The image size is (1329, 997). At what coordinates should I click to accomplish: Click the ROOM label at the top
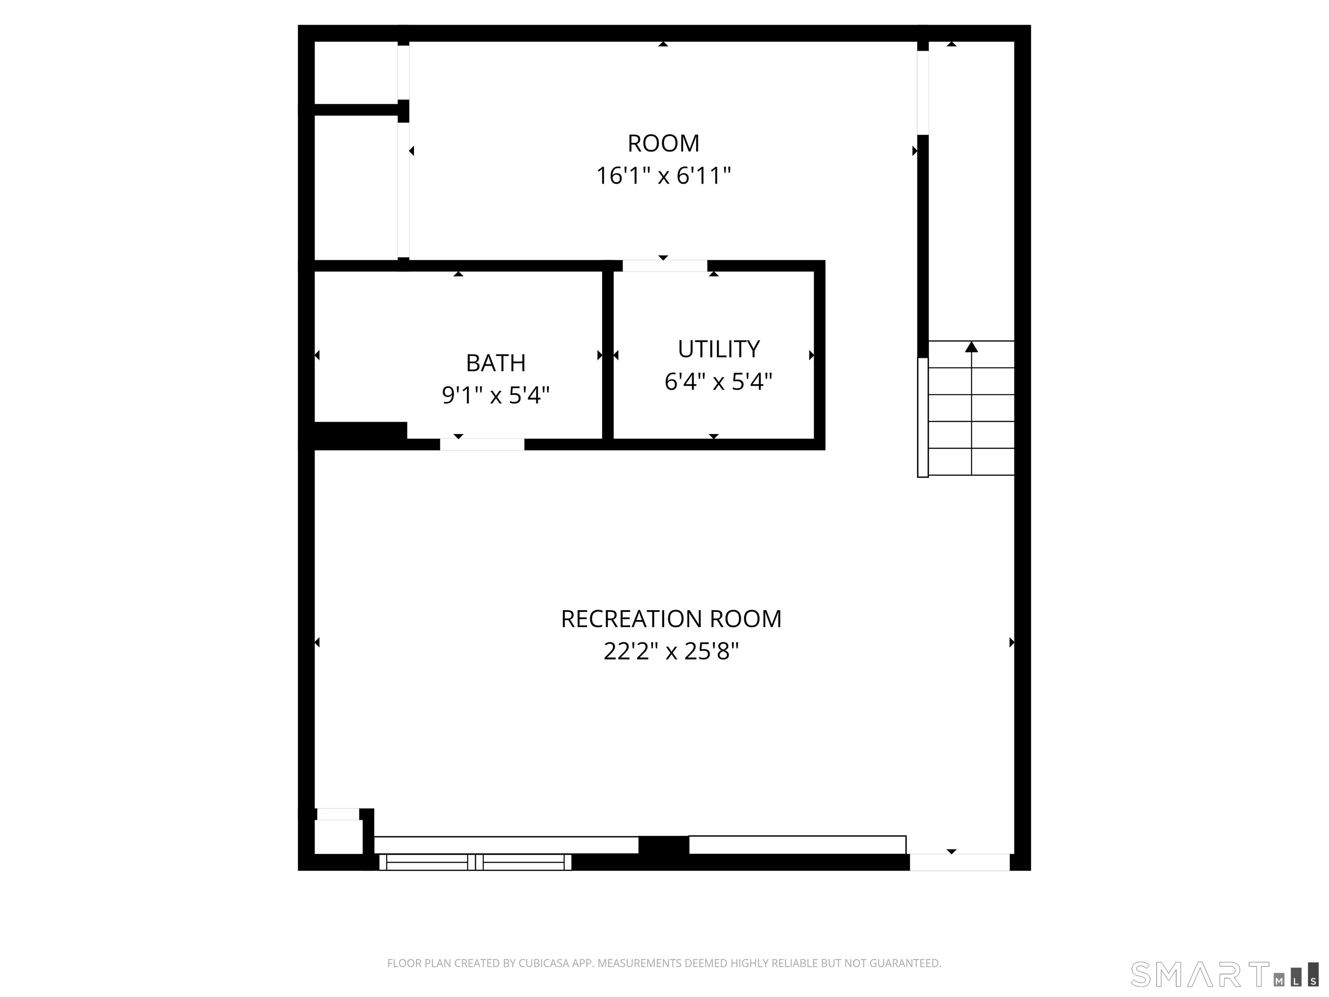[x=663, y=144]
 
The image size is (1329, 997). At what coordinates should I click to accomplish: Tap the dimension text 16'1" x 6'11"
[x=663, y=176]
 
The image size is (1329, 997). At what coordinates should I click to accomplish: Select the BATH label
[x=496, y=363]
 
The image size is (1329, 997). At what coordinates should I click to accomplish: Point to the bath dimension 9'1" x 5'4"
[x=496, y=396]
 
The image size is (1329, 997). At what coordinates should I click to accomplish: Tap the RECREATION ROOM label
[x=671, y=619]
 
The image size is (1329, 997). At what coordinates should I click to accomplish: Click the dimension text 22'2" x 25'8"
[x=671, y=651]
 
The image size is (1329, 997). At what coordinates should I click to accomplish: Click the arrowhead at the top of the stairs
[x=972, y=347]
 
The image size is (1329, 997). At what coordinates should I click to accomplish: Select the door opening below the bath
[x=482, y=445]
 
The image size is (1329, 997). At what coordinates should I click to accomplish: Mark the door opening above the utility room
[x=664, y=266]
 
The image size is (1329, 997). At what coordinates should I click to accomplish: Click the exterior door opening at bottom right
[x=960, y=862]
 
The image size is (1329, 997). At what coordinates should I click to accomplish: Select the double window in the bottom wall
[x=475, y=862]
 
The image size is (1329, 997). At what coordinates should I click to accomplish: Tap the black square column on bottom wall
[x=663, y=846]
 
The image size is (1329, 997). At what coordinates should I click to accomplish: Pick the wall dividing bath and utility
[x=608, y=354]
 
